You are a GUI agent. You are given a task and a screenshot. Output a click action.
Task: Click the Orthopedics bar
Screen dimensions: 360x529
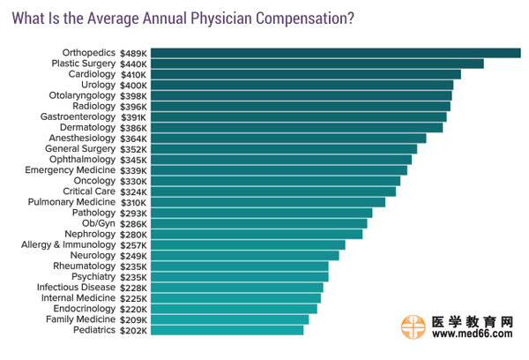[x=335, y=53]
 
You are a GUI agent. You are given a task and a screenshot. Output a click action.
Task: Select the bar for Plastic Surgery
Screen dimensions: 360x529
[x=317, y=64]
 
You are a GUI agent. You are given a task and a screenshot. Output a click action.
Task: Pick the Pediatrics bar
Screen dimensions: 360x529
[x=227, y=330]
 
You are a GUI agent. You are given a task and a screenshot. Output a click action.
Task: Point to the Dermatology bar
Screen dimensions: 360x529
[x=296, y=127]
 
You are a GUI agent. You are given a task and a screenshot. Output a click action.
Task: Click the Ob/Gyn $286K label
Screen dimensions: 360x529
[x=114, y=223]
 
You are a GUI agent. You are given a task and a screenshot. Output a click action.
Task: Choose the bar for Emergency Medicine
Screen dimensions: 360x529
[x=279, y=170]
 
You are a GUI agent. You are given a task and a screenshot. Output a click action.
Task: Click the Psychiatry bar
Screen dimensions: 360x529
[x=239, y=276]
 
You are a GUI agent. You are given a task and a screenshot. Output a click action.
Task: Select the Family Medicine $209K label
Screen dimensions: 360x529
[x=94, y=319]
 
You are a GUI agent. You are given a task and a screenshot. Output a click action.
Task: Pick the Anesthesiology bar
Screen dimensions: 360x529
[x=288, y=138]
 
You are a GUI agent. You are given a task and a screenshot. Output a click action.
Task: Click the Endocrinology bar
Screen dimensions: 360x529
[x=234, y=309]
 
